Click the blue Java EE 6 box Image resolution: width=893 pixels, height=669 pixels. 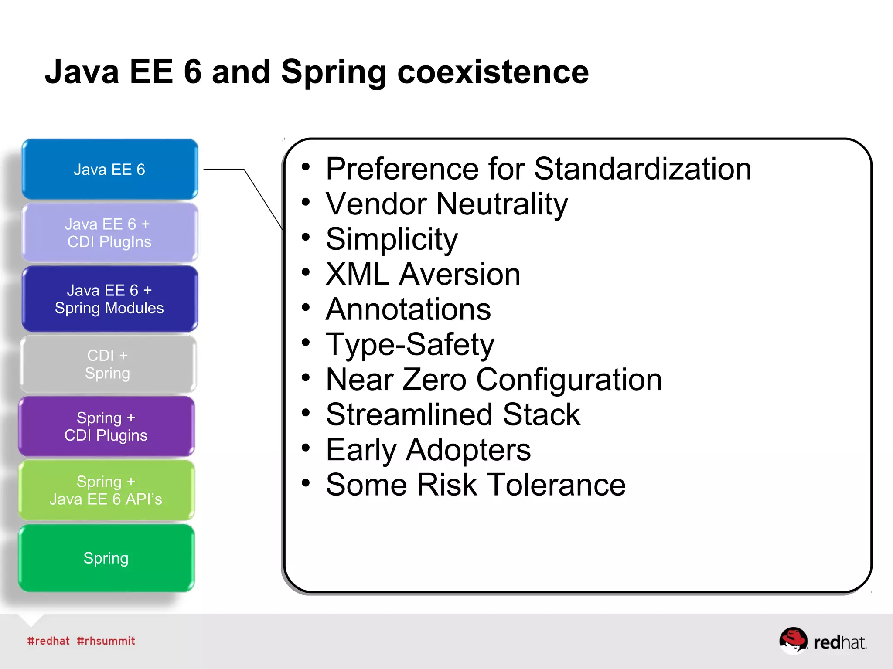(109, 169)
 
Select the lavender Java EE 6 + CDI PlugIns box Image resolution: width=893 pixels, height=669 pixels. (109, 233)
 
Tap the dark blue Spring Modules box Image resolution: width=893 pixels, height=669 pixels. (109, 299)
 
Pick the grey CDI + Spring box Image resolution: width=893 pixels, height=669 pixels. (108, 364)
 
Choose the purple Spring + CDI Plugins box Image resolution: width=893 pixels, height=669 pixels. (106, 427)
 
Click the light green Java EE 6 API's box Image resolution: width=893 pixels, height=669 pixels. (106, 490)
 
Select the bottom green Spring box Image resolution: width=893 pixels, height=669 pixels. (106, 558)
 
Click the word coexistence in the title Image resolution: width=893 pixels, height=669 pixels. (493, 72)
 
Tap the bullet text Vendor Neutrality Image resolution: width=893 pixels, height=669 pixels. (447, 204)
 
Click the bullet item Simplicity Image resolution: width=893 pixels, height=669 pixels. (392, 239)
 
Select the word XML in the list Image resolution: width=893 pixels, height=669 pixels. (357, 274)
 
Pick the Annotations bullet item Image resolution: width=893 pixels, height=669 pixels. (408, 309)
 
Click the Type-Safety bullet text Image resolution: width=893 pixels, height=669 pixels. (410, 345)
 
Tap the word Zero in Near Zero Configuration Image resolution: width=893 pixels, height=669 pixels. (434, 380)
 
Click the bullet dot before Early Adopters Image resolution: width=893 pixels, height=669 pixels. (306, 448)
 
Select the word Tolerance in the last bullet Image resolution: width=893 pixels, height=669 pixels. (556, 485)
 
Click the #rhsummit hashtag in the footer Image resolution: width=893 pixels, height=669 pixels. (106, 641)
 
